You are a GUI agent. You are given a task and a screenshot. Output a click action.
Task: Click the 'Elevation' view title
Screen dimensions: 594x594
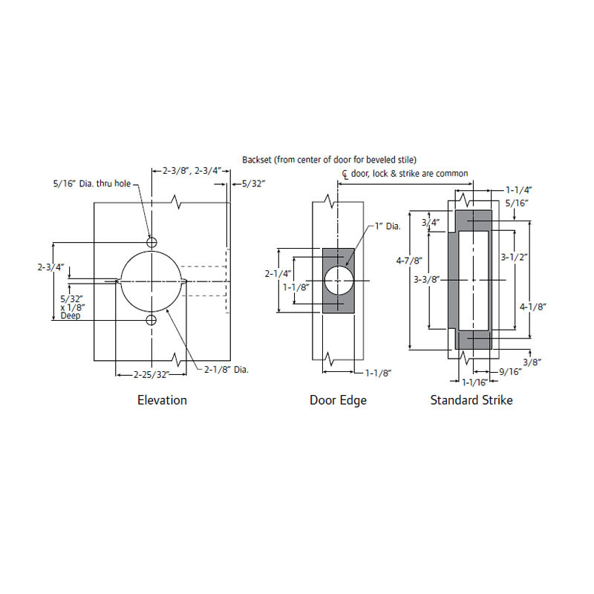162,400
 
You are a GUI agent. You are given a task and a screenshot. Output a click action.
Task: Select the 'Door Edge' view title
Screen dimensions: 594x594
338,400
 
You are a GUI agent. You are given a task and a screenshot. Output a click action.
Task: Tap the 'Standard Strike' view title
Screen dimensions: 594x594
471,400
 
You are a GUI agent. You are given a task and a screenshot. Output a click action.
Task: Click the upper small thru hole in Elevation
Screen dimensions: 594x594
151,242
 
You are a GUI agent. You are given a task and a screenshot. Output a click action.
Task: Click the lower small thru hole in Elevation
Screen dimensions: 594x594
151,320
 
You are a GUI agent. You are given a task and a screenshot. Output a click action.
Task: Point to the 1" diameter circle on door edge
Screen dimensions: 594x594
339,281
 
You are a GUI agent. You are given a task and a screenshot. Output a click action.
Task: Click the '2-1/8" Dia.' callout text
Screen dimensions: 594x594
226,369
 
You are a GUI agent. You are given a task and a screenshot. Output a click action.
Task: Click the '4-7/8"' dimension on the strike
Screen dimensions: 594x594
409,261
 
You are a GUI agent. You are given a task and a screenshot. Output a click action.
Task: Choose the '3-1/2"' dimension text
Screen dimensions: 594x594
514,258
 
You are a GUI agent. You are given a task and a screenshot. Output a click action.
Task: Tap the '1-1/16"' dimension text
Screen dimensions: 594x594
474,382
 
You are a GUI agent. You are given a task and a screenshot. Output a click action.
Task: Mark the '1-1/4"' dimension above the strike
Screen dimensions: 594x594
518,190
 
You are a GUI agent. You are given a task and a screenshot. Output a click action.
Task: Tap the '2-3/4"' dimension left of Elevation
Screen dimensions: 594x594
50,266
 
